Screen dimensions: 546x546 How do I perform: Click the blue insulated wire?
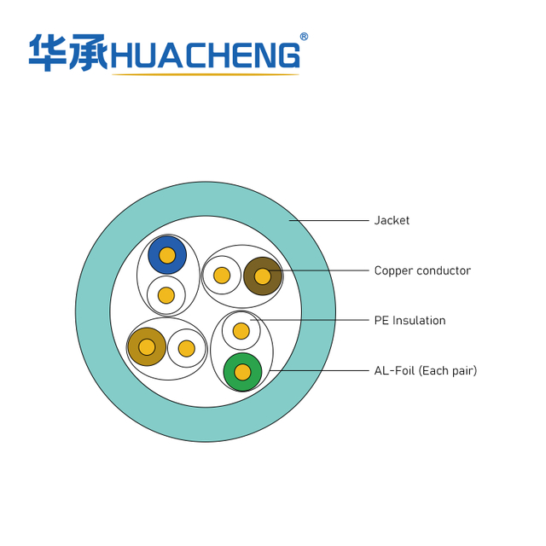point(167,255)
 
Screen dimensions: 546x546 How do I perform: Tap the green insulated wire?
point(242,372)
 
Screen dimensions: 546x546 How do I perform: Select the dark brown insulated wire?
point(263,276)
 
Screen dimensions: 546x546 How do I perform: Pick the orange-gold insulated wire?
point(147,347)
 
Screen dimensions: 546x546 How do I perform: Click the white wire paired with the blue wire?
point(166,295)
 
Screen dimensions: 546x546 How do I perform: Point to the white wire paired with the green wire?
point(241,331)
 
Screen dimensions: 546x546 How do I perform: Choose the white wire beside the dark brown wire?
point(222,275)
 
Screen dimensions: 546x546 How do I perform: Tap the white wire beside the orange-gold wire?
point(187,348)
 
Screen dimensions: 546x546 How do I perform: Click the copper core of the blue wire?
point(167,255)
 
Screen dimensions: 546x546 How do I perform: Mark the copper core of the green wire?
point(242,372)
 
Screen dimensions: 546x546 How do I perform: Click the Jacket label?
point(392,220)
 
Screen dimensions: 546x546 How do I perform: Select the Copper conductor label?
point(422,270)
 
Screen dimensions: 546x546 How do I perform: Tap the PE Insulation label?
point(409,321)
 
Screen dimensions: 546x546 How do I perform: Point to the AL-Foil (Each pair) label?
point(426,370)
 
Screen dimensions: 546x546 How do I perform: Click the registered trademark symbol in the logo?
point(304,37)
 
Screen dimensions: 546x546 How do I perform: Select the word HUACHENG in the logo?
point(206,55)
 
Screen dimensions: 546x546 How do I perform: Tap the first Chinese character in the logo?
point(48,53)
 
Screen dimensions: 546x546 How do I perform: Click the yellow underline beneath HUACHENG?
point(206,74)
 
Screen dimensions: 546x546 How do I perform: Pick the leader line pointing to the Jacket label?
point(328,220)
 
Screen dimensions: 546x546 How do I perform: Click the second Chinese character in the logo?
point(89,53)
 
